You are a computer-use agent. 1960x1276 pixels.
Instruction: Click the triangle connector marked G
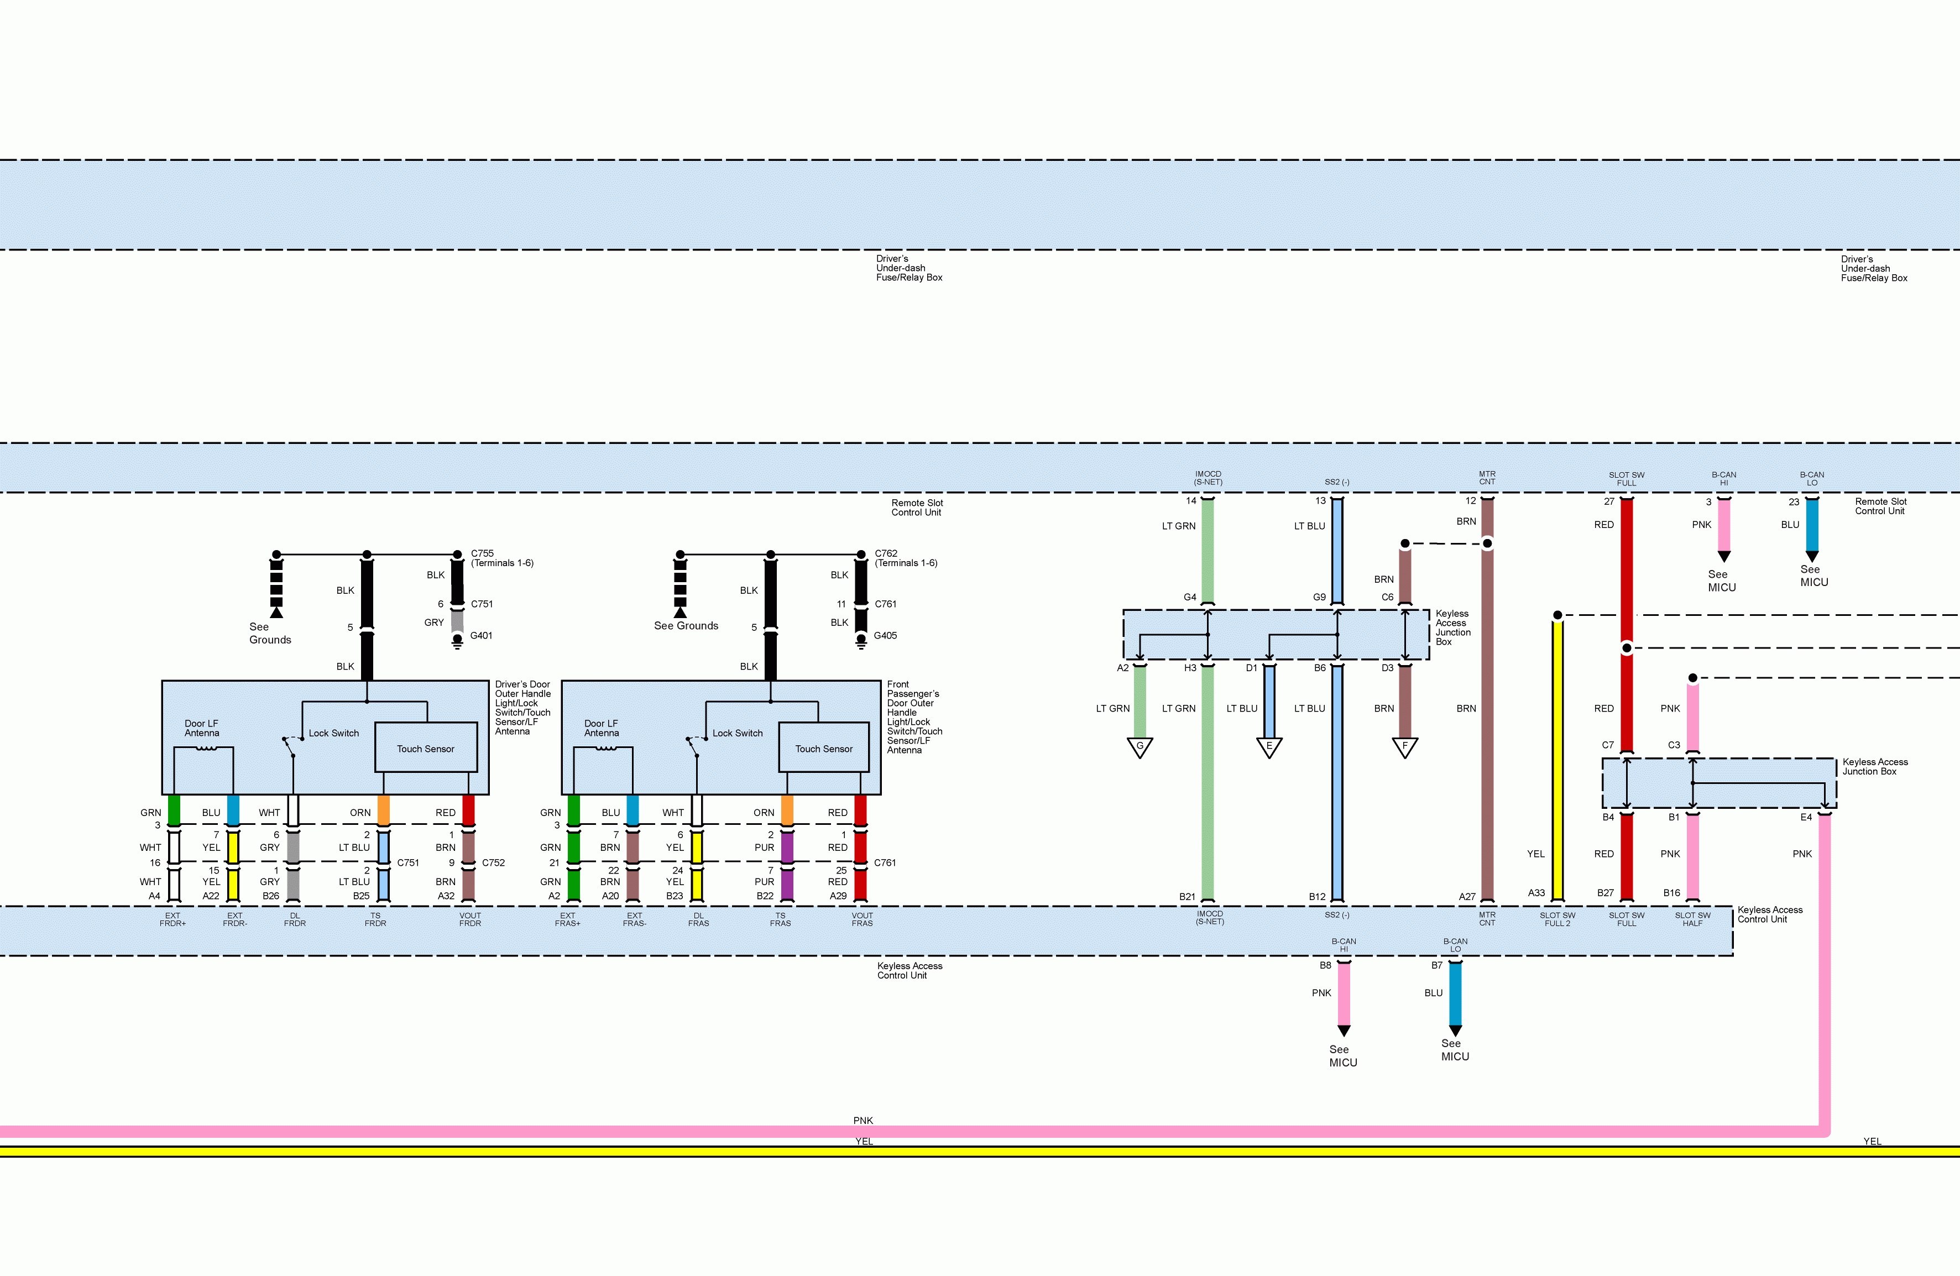(x=1140, y=747)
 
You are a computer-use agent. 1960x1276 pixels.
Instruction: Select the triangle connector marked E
(x=1269, y=747)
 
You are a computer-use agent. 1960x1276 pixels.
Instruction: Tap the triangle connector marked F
(x=1405, y=747)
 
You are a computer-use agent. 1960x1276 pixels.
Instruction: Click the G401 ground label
(x=481, y=636)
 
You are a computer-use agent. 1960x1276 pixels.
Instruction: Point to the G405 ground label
(x=885, y=636)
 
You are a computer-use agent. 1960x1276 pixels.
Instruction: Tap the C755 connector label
(x=483, y=553)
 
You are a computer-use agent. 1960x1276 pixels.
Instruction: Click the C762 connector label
(x=886, y=553)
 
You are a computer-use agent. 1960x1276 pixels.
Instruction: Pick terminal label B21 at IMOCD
(x=1187, y=897)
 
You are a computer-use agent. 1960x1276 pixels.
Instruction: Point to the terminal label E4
(x=1806, y=818)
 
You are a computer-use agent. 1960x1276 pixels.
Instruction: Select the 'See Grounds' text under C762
(x=686, y=626)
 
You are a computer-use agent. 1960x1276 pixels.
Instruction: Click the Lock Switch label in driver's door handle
(x=333, y=733)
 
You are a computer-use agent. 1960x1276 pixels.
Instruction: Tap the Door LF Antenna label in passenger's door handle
(x=601, y=728)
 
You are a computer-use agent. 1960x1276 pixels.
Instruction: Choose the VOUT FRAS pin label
(x=863, y=919)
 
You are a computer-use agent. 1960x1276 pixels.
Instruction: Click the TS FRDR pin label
(x=375, y=919)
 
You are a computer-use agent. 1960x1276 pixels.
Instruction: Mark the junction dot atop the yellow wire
(x=1557, y=615)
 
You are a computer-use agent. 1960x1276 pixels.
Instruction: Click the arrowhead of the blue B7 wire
(x=1455, y=1031)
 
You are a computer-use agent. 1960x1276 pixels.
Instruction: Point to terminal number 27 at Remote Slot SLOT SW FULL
(x=1608, y=501)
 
